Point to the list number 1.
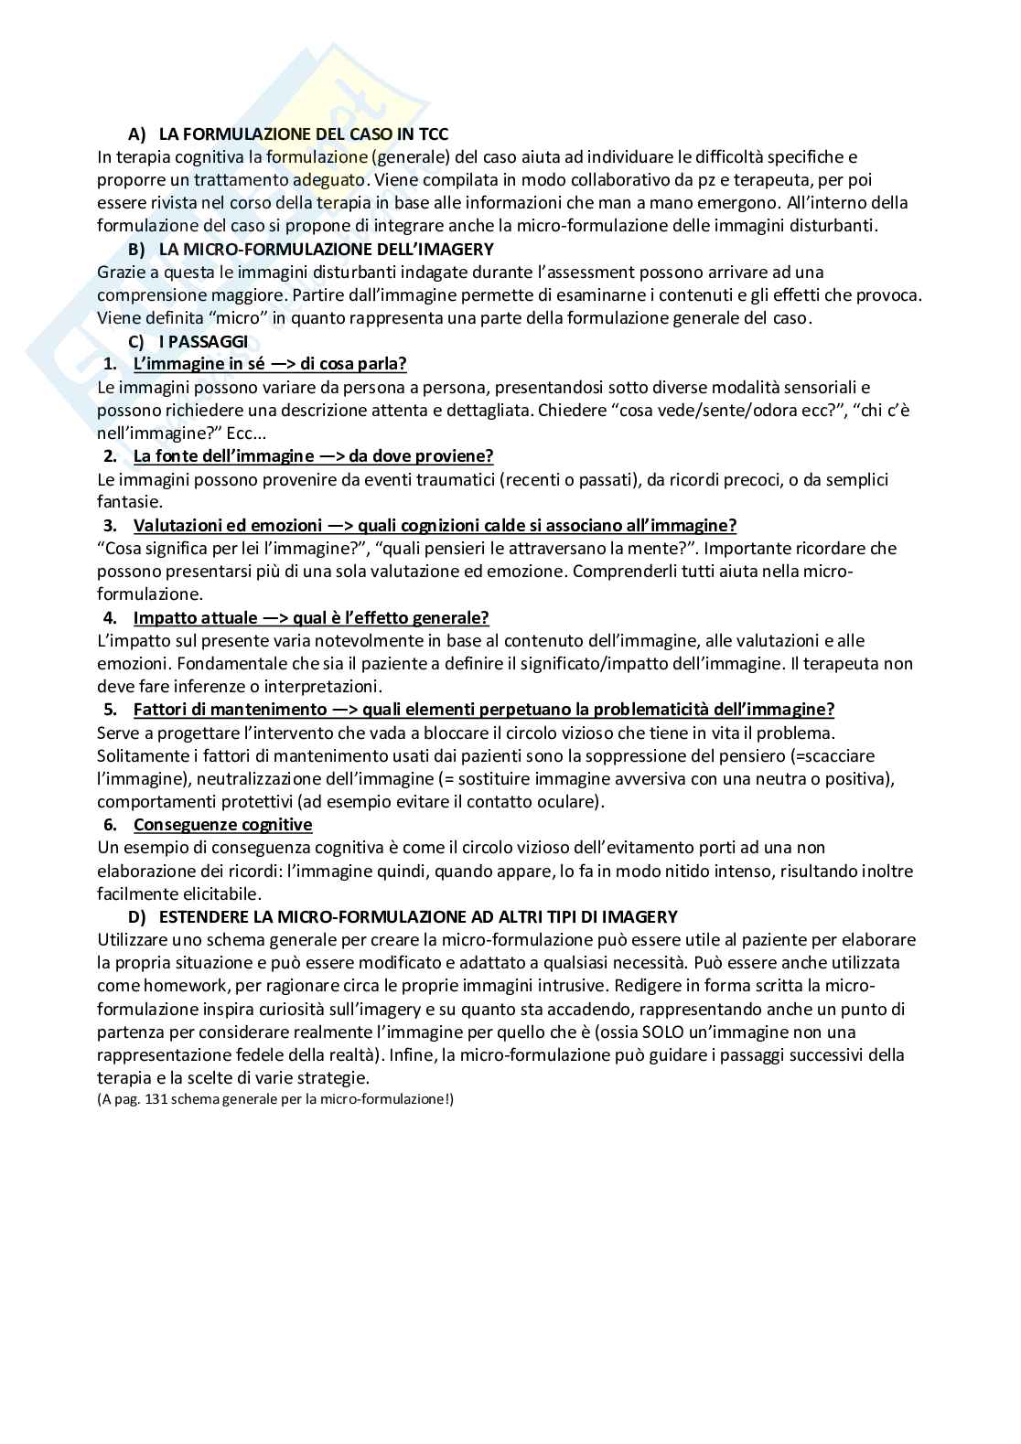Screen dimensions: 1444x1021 point(110,364)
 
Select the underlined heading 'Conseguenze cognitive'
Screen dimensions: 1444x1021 point(222,825)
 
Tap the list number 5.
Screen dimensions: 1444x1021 point(110,710)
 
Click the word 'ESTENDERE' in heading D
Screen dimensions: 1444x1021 point(203,916)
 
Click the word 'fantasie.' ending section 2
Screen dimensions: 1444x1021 point(129,502)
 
